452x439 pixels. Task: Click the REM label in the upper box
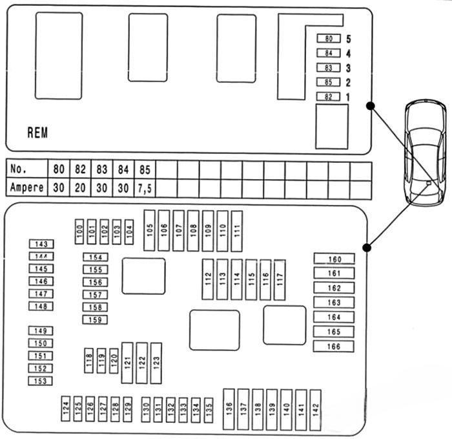click(x=37, y=133)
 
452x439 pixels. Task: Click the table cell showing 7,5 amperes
click(x=145, y=187)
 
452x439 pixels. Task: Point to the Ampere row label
click(x=27, y=187)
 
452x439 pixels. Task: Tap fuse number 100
click(x=79, y=231)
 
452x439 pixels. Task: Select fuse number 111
click(x=236, y=231)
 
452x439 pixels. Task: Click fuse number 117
click(x=280, y=279)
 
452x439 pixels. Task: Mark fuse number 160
click(x=334, y=259)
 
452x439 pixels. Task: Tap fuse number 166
click(x=334, y=347)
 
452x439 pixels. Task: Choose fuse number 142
click(x=315, y=410)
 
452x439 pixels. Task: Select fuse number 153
click(x=40, y=381)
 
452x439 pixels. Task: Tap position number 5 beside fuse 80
click(x=348, y=39)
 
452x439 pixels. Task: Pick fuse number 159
click(x=95, y=319)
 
